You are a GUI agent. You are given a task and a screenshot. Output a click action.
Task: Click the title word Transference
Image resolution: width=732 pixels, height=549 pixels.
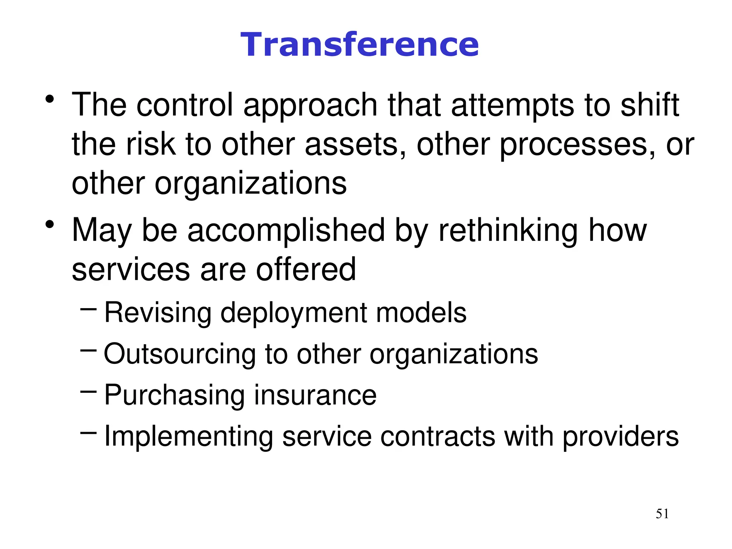pos(359,45)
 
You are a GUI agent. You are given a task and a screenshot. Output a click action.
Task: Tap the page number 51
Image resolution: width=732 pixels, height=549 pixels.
pos(662,514)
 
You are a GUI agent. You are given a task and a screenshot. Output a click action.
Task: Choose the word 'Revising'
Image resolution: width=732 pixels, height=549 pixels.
pos(158,313)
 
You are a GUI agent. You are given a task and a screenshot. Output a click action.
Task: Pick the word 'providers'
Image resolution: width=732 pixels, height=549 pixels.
pos(620,437)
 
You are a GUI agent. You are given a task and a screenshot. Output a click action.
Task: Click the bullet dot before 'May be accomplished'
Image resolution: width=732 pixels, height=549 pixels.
pos(50,225)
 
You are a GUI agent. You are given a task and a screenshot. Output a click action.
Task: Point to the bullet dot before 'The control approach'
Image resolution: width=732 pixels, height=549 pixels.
pos(50,99)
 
